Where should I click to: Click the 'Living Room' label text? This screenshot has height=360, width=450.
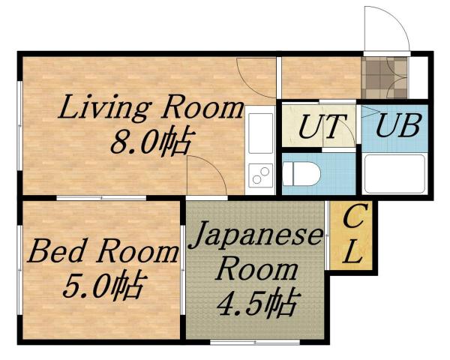click(x=151, y=109)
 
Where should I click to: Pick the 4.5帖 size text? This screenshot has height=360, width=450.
click(x=255, y=303)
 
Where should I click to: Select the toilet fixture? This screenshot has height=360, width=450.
click(x=304, y=173)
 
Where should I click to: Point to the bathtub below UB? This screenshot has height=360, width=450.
click(x=394, y=174)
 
